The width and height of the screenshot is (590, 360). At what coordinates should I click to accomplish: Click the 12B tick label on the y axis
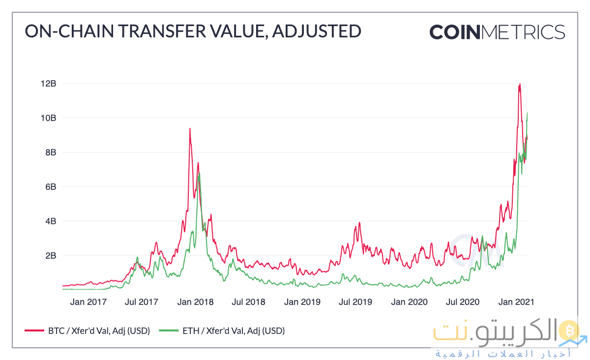click(49, 84)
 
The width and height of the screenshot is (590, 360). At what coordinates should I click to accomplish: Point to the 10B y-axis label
click(49, 118)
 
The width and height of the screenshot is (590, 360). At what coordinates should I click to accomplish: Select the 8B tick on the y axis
click(51, 152)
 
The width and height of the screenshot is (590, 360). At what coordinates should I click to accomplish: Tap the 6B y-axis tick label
click(51, 187)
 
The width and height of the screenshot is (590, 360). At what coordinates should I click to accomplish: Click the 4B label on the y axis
click(51, 221)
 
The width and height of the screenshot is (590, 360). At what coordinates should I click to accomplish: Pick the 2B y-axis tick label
click(51, 256)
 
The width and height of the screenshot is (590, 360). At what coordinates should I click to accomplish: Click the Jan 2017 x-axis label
click(88, 301)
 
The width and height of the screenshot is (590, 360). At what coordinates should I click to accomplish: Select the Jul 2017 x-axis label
click(142, 301)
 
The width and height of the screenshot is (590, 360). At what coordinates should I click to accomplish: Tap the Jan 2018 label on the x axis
click(195, 301)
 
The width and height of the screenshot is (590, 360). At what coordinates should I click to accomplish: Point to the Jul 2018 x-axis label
click(248, 301)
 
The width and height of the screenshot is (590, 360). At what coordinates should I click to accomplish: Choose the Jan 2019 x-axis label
click(302, 301)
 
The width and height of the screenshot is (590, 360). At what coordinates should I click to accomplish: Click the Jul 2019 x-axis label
click(355, 301)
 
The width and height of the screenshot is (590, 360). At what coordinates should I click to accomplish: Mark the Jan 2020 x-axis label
click(409, 301)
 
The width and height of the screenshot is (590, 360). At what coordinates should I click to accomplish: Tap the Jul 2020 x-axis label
click(462, 301)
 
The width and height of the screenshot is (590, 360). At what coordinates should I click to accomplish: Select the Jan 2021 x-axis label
click(516, 301)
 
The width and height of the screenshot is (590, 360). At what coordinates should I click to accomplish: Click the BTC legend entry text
click(98, 330)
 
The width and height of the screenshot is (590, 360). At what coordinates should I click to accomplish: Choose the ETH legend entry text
click(233, 330)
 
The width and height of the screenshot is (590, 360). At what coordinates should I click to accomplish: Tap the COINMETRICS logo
click(497, 32)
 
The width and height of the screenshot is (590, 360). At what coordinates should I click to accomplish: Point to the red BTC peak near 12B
click(519, 85)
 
